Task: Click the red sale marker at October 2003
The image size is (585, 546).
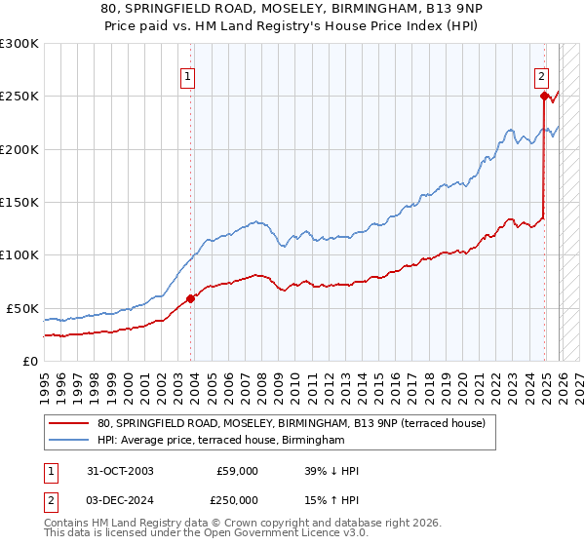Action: (190, 298)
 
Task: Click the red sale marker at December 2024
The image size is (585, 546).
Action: (544, 96)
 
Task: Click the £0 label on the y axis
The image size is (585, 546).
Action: (29, 361)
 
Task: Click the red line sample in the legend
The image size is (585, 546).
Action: (69, 423)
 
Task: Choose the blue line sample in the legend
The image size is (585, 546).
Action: (69, 441)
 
